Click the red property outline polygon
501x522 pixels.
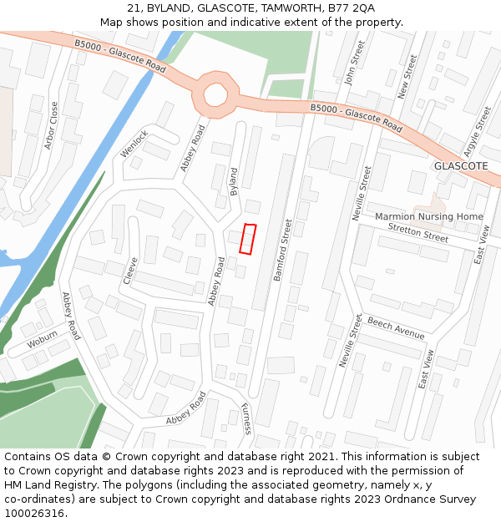point(247,239)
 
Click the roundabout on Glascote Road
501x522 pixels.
point(215,95)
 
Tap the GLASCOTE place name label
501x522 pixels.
point(460,166)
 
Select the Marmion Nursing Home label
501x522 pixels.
point(429,217)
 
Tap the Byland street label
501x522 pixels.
point(234,181)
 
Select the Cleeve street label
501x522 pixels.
point(129,271)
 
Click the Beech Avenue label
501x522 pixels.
point(396,328)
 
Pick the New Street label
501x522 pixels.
point(407,78)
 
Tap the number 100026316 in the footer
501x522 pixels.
point(34,514)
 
